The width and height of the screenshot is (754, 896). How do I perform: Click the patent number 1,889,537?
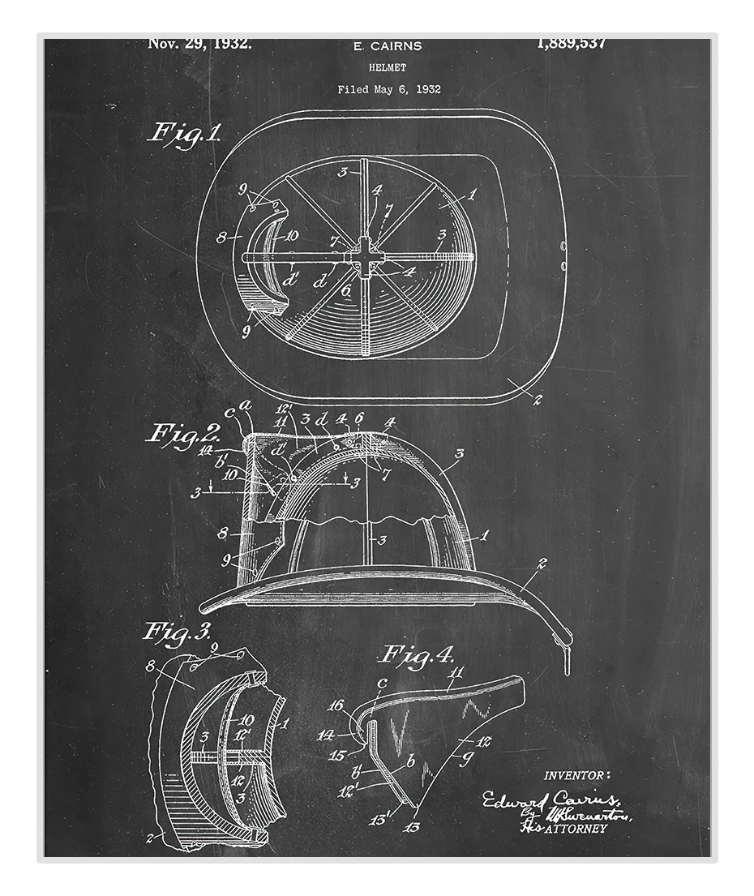click(571, 44)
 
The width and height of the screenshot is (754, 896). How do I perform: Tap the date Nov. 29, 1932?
click(199, 44)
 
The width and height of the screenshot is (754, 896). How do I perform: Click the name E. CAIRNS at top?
click(388, 46)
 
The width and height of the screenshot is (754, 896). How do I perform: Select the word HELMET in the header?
click(388, 68)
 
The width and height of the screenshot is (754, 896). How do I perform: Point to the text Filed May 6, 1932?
click(389, 90)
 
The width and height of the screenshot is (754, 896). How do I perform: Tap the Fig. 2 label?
click(182, 433)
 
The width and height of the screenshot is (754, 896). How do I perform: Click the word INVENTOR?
click(577, 775)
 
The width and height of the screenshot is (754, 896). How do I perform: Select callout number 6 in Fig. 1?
click(346, 289)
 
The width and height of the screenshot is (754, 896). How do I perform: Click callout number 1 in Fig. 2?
click(485, 534)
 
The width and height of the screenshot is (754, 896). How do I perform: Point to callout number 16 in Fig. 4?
click(336, 705)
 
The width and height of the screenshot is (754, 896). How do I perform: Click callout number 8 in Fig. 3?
click(150, 666)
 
